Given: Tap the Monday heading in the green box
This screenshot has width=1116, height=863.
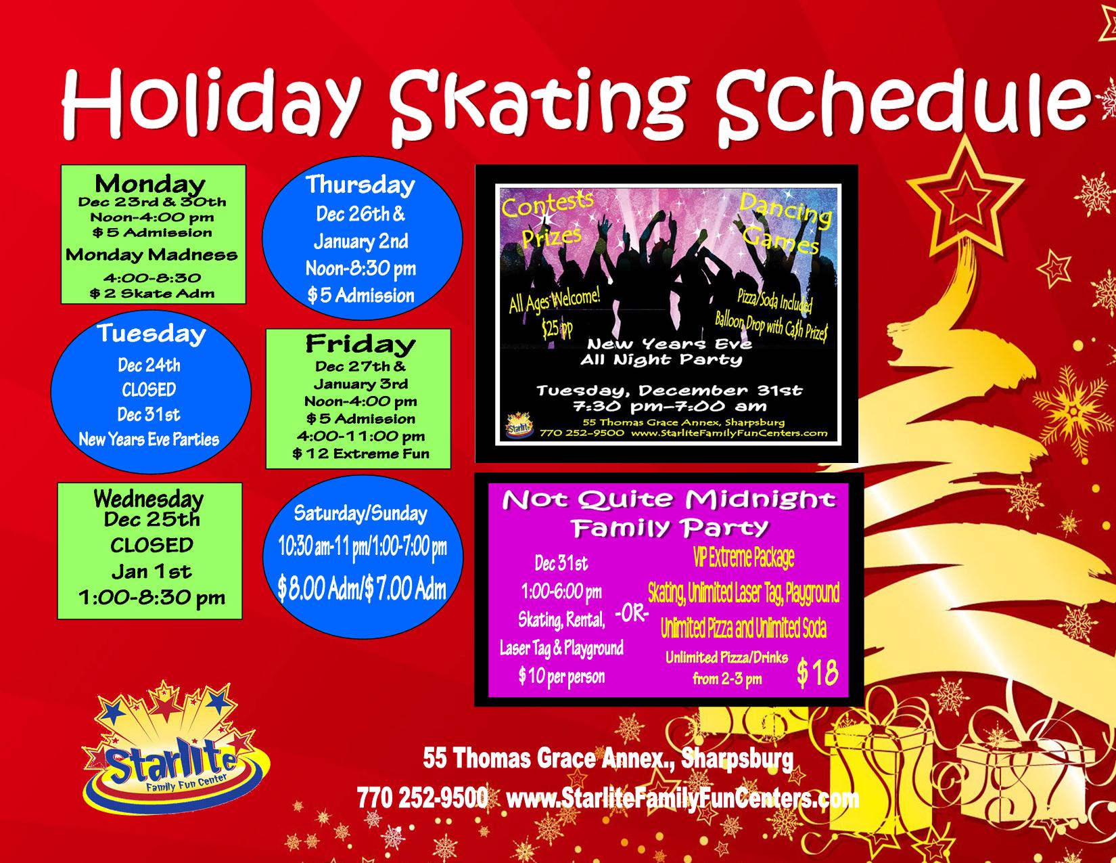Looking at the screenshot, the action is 150,183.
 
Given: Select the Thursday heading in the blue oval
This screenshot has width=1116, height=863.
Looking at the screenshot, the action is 361,185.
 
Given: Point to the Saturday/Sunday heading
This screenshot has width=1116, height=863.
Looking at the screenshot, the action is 361,514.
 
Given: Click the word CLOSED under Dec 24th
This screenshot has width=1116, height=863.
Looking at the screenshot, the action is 149,390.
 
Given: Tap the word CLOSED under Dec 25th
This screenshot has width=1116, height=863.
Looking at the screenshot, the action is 152,545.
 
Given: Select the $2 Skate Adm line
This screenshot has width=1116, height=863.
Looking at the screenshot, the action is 152,294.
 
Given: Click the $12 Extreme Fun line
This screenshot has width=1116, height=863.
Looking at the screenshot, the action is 361,453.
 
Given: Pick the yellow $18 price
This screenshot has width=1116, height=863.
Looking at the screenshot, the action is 818,673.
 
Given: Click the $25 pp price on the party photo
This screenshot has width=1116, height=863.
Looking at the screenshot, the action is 557,327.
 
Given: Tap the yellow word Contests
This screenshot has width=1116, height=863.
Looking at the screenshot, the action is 547,204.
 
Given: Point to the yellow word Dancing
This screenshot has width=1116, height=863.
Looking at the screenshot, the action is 785,210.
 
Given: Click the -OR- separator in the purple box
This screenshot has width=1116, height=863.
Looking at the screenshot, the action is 632,614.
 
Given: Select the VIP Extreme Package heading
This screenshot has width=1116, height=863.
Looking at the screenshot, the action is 743,557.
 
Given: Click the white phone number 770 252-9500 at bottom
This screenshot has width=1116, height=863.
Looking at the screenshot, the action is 422,798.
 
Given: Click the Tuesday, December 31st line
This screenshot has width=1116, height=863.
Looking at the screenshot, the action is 669,391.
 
